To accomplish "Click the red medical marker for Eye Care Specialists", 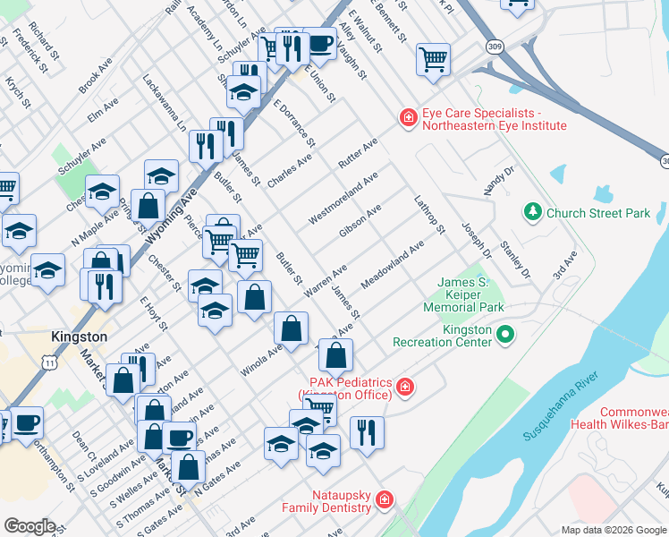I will tap(408, 118).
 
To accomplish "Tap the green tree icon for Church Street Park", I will tap(533, 212).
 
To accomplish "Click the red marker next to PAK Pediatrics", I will tap(405, 387).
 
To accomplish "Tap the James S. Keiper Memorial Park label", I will tap(470, 294).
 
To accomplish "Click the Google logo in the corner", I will tap(30, 526).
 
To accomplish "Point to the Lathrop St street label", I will tap(428, 215).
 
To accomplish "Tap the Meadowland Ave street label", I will tap(392, 265).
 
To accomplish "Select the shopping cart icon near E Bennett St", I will tap(433, 59).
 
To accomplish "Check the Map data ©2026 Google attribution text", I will tap(614, 529).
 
